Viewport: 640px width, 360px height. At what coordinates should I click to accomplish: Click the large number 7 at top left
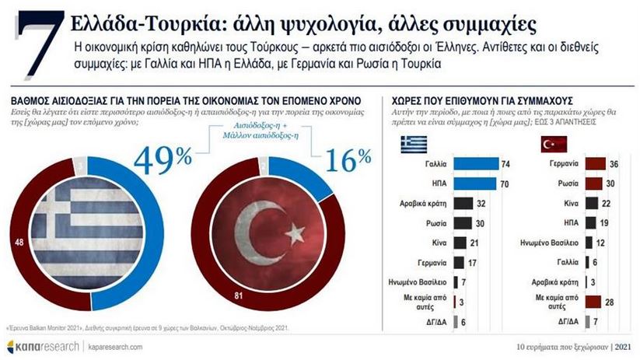point(34,45)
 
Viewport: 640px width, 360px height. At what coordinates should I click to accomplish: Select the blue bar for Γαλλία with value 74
point(474,165)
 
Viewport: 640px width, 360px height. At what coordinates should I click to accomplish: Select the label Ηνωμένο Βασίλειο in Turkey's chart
point(545,243)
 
